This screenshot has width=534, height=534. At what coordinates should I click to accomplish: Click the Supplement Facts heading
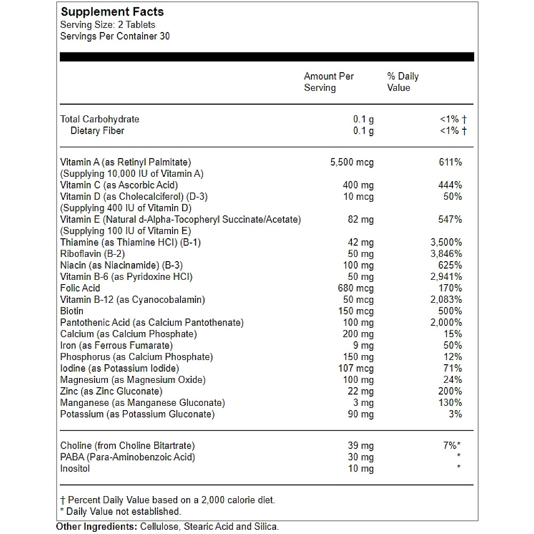(x=112, y=12)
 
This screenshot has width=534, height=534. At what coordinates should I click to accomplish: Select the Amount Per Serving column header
(x=328, y=82)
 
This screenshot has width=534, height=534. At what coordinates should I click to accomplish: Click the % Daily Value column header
(x=403, y=82)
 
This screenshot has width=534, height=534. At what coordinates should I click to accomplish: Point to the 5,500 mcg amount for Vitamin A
(x=352, y=162)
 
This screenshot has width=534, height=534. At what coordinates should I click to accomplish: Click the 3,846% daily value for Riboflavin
(x=446, y=254)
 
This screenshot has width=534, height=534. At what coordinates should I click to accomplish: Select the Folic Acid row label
(x=80, y=288)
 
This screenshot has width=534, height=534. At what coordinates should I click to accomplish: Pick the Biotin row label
(x=72, y=311)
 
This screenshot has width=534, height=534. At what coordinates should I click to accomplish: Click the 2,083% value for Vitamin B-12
(x=446, y=300)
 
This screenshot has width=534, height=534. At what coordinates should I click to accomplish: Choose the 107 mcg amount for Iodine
(x=356, y=368)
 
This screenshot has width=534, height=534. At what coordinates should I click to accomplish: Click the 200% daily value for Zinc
(x=450, y=391)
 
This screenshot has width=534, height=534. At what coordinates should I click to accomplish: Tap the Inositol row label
(x=75, y=468)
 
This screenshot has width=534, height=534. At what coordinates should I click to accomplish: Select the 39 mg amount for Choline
(x=360, y=445)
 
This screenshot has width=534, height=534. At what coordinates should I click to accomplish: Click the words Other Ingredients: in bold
(x=97, y=527)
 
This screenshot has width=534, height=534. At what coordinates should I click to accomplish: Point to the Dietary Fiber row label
(x=98, y=130)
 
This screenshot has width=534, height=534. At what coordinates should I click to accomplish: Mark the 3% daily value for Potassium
(x=456, y=414)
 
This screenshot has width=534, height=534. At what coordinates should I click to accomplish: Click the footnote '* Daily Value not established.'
(x=121, y=512)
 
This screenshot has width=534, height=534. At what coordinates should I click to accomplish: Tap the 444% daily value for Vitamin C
(x=450, y=185)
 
